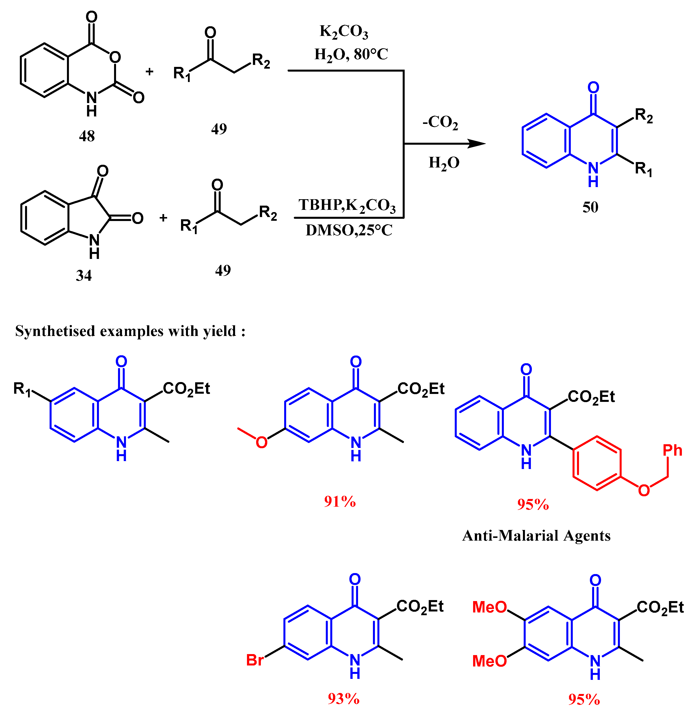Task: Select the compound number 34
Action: [84, 276]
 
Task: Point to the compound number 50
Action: [590, 207]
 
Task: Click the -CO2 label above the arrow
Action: [440, 122]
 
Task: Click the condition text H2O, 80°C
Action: [351, 54]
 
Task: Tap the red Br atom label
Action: [255, 660]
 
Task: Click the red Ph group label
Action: [672, 450]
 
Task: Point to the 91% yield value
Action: [340, 501]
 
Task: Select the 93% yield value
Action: [343, 699]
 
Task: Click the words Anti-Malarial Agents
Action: [536, 536]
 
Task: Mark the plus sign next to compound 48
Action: [149, 72]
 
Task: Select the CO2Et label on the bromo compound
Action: [420, 606]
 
